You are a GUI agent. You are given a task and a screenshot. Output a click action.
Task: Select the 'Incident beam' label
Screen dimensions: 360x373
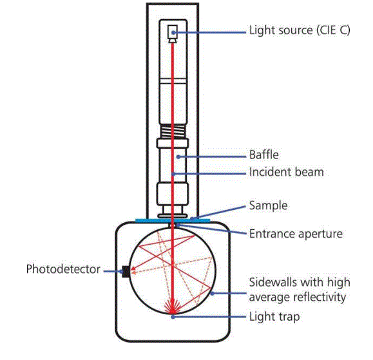[x=286, y=173]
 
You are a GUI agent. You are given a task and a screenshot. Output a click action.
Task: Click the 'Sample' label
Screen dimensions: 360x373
[x=268, y=206]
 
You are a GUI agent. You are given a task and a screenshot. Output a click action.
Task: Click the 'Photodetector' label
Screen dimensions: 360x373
[x=63, y=269]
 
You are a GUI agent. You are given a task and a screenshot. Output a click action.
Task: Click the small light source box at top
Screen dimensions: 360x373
[x=173, y=32]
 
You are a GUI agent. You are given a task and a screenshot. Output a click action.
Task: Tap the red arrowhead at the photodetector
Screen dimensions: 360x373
[x=133, y=271]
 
